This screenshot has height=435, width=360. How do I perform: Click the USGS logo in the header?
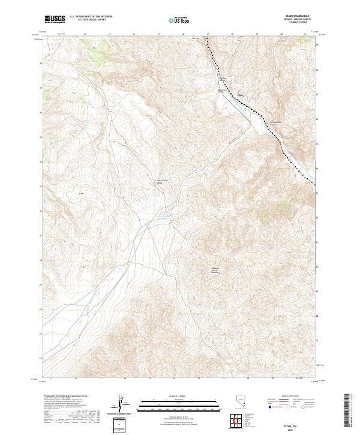55,19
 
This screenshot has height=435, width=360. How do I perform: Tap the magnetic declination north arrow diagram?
121,403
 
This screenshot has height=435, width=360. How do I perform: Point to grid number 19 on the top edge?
256,34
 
